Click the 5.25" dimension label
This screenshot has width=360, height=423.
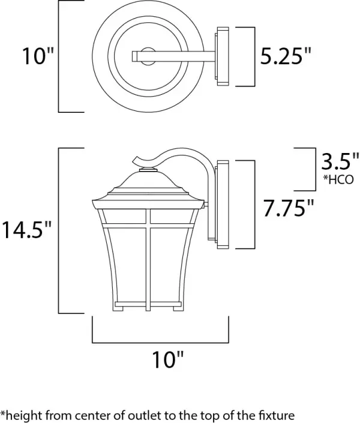[x=286, y=56]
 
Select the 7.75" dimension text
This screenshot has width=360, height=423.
[x=289, y=208]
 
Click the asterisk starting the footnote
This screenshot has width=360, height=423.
[x=3, y=413]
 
